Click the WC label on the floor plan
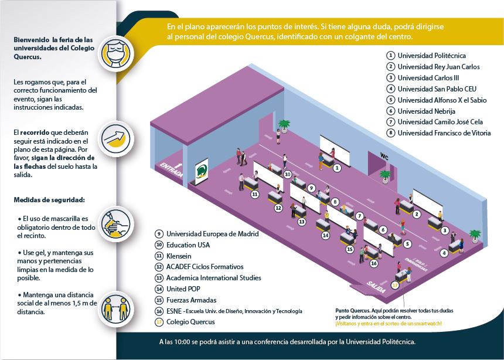(384, 156)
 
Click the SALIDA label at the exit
(376, 284)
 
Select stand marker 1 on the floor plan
(337, 168)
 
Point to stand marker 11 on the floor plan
(255, 193)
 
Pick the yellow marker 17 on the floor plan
(395, 284)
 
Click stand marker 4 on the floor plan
(444, 253)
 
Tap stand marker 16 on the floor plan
(373, 263)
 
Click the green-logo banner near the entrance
(202, 171)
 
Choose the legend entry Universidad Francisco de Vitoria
(444, 133)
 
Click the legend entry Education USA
(188, 245)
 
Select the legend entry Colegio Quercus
(190, 322)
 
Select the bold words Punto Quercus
(352, 310)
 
